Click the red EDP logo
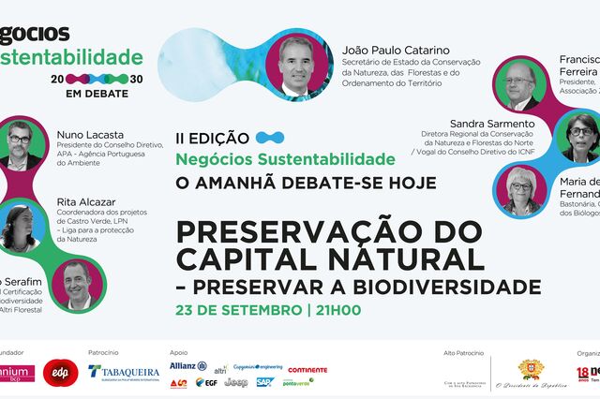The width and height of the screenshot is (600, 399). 61,372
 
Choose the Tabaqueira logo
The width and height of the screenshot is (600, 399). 124,372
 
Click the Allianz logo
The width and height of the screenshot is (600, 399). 188,366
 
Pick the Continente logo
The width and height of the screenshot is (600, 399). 307,369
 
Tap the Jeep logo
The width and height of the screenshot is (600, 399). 236,382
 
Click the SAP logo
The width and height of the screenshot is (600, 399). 264,382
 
